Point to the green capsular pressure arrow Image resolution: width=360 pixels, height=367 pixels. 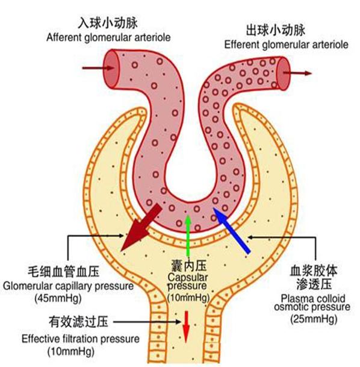click(188, 238)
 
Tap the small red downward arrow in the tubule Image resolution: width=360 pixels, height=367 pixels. click(186, 325)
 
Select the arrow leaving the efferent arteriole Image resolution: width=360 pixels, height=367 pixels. click(300, 73)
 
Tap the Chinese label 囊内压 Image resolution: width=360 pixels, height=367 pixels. click(187, 265)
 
